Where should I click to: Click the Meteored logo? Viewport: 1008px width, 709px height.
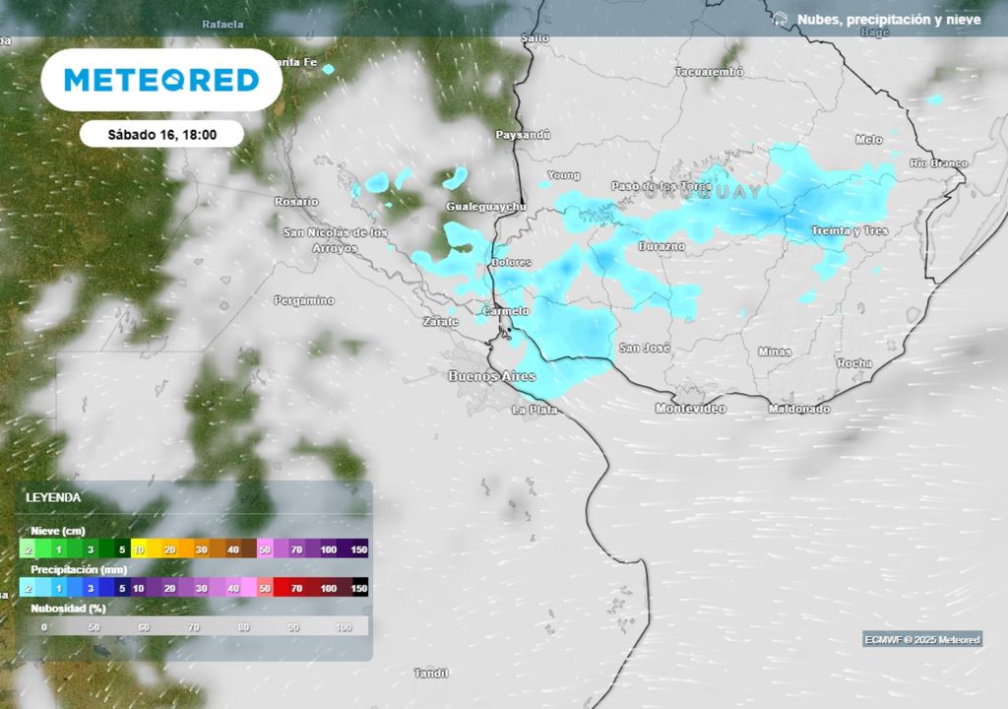161,80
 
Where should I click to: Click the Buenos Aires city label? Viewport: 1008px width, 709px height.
492,376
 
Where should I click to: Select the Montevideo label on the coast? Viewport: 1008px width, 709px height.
691,408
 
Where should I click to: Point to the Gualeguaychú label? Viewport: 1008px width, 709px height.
486,207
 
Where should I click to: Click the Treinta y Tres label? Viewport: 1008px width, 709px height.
850,230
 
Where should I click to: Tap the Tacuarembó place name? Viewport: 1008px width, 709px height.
709,72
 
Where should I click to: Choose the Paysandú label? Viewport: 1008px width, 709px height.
523,134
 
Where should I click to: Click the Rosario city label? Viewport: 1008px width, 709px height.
296,201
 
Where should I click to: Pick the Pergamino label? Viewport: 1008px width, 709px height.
304,300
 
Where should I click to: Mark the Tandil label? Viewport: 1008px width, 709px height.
431,674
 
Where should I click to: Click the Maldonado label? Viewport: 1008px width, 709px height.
798,409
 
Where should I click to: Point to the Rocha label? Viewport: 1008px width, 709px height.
853,363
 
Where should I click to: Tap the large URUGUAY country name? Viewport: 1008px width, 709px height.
704,192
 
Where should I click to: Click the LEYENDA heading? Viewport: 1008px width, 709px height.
53,497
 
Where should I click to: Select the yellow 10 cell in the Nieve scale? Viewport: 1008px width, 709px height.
139,548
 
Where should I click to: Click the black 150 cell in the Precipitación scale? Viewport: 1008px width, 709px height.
359,588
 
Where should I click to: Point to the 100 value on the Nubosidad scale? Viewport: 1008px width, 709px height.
344,627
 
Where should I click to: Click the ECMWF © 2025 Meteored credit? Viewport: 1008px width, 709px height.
922,640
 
